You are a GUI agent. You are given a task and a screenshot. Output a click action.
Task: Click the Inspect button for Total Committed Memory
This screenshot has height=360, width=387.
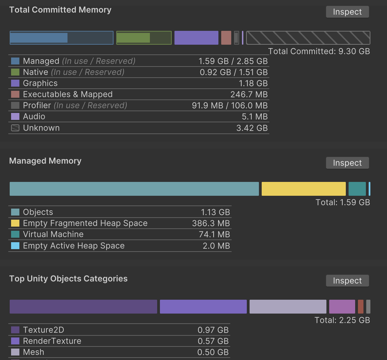347,12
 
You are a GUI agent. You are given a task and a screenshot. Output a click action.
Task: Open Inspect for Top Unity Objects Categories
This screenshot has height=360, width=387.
347,281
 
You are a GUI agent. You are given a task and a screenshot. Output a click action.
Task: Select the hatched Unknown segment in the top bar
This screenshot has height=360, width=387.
308,38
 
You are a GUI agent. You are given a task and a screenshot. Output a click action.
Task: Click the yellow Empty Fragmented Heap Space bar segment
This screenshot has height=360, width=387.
304,189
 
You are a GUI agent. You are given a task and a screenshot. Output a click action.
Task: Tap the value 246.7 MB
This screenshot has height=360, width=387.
249,95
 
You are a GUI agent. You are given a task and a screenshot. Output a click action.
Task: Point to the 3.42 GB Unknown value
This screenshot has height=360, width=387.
252,128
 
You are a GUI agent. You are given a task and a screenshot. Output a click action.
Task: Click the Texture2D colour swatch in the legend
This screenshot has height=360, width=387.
15,330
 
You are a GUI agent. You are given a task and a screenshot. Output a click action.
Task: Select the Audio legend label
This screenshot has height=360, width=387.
34,117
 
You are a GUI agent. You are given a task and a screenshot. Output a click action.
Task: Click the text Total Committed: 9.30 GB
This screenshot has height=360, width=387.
319,52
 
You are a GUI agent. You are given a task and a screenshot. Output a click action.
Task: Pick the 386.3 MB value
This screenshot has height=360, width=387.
211,223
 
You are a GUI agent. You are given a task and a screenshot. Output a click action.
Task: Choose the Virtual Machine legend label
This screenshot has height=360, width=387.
53,235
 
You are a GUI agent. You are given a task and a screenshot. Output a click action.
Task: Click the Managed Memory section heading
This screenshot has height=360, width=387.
45,161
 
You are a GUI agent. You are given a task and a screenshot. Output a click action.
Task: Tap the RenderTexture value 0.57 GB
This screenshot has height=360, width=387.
213,341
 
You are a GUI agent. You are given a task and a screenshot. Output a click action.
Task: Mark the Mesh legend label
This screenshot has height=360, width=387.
34,352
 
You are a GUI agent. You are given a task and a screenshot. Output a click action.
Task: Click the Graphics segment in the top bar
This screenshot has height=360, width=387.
196,38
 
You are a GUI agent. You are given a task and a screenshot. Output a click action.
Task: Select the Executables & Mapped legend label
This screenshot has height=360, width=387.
67,95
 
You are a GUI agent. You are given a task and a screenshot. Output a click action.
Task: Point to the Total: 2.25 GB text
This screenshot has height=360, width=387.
342,320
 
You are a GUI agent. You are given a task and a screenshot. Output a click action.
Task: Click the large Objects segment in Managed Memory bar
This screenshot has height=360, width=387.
134,189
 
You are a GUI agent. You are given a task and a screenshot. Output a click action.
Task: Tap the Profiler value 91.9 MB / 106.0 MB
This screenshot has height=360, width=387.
229,106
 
